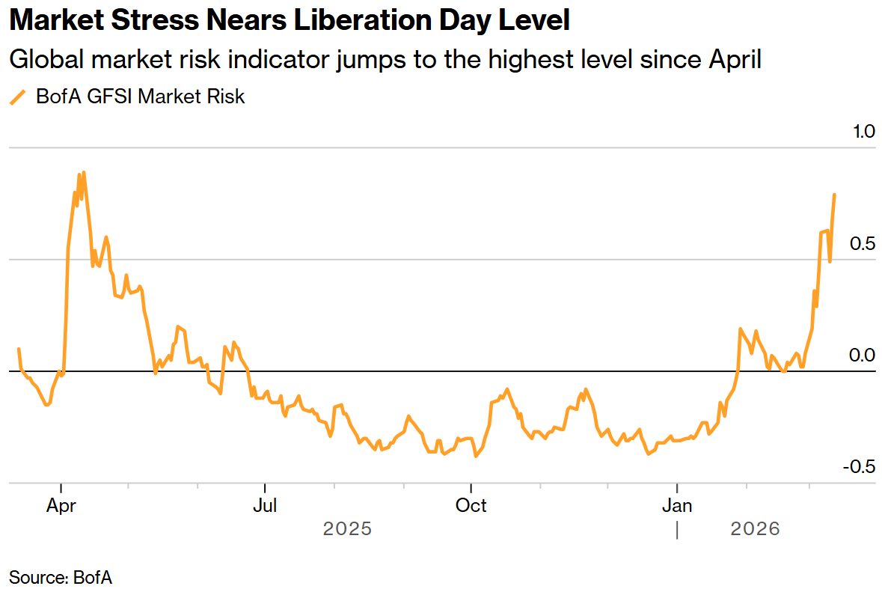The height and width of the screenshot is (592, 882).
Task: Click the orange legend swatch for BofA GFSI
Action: (x=17, y=97)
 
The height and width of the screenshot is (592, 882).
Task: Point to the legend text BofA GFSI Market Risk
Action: (x=141, y=97)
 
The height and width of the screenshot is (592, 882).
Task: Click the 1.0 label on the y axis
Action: (x=863, y=132)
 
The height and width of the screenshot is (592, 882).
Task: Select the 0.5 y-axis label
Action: (x=863, y=244)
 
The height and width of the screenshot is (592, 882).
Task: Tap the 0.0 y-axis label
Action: (x=863, y=355)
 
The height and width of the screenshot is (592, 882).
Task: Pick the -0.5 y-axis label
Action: (x=860, y=467)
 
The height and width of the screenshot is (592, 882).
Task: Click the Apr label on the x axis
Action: (x=61, y=506)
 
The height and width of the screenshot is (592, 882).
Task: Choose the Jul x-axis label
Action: (x=265, y=506)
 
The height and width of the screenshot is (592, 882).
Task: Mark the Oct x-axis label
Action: (x=471, y=506)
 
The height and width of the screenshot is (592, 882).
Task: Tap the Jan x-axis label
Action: (x=676, y=506)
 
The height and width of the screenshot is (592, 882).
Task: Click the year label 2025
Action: (x=347, y=529)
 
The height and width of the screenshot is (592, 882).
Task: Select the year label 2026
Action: (x=755, y=529)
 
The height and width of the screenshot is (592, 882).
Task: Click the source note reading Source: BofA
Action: (x=61, y=577)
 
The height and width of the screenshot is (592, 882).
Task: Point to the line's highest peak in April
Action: (x=83, y=172)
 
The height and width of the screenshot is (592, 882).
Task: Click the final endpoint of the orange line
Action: (x=835, y=194)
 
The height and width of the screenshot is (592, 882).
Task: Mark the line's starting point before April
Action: (x=19, y=349)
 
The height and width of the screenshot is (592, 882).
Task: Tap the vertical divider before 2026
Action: (x=677, y=530)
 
